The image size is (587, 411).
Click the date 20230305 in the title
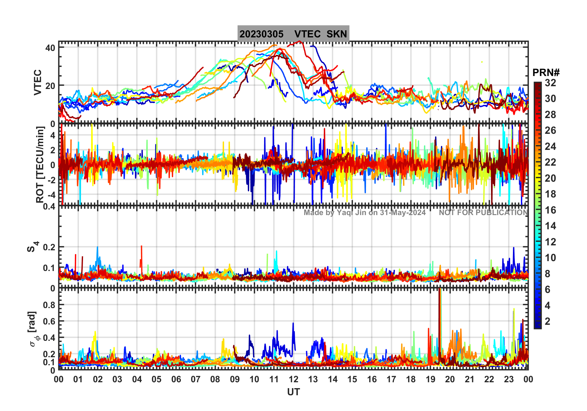(261, 34)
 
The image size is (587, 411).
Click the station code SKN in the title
(337, 34)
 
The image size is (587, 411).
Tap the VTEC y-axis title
(38, 82)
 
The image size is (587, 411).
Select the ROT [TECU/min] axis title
(40, 164)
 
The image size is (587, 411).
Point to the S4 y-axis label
(32, 247)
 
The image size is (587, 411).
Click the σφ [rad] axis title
(34, 329)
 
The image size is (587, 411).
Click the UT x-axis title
(293, 392)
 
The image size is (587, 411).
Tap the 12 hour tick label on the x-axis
(293, 379)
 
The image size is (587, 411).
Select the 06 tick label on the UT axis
(176, 379)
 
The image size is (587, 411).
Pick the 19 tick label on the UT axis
(430, 379)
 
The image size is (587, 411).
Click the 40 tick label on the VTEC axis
(50, 48)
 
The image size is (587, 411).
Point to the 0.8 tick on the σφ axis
(49, 305)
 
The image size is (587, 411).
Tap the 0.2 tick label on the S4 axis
(49, 247)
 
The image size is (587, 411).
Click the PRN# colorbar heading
(546, 73)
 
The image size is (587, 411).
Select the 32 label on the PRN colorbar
(550, 83)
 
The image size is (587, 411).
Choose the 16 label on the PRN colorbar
(550, 210)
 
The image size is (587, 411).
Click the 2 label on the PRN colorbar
(547, 321)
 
